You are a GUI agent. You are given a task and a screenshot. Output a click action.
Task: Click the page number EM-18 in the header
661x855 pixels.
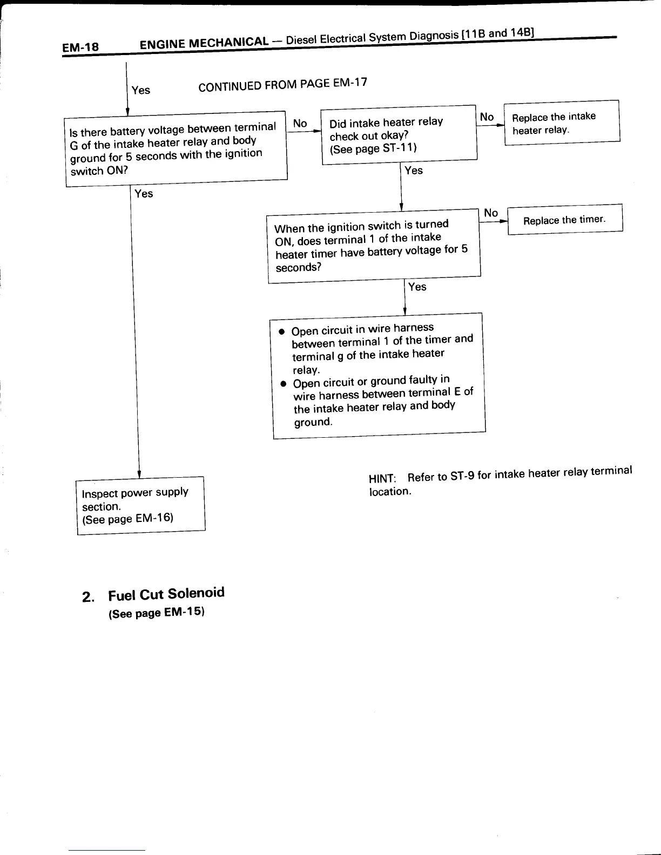(80, 47)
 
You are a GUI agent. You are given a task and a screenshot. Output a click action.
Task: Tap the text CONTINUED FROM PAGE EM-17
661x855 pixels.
(282, 85)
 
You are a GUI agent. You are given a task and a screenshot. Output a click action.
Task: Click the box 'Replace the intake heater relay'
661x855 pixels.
(562, 123)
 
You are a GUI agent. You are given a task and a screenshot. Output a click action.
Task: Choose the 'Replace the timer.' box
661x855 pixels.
(565, 219)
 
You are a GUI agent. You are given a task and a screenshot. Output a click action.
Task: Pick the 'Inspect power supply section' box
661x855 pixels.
(141, 506)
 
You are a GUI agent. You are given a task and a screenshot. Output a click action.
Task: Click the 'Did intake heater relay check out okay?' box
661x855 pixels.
(399, 134)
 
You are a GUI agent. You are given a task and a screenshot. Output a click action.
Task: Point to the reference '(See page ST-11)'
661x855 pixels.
(373, 148)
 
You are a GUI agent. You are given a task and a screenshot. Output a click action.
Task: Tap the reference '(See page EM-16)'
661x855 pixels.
(127, 519)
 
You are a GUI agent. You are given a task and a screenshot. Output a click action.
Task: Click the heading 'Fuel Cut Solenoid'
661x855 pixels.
(166, 594)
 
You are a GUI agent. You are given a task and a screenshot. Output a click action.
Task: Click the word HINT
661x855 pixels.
(382, 479)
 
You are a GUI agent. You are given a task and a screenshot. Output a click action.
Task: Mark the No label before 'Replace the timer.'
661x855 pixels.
(491, 213)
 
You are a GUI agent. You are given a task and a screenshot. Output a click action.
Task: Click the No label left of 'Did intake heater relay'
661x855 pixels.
(300, 124)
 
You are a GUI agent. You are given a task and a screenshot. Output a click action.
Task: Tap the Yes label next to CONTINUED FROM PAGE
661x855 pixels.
(141, 90)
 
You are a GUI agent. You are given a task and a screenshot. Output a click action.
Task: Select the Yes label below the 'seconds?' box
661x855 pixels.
(417, 287)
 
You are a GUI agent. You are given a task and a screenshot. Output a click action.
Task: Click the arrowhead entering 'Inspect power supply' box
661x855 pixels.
(139, 474)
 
